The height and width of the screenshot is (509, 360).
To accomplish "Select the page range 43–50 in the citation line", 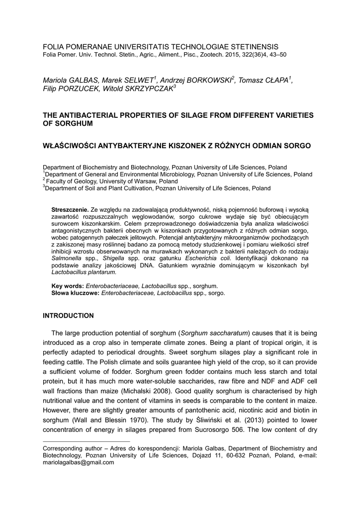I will pyautogui.click(x=276, y=54).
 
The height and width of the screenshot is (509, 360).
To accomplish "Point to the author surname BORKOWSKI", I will pyautogui.click(x=208, y=81).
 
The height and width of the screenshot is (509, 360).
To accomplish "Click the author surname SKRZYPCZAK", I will pyautogui.click(x=147, y=88).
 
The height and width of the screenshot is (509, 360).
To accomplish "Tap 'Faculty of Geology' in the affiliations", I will pyautogui.click(x=69, y=181).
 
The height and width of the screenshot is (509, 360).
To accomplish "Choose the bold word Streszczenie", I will pyautogui.click(x=70, y=210).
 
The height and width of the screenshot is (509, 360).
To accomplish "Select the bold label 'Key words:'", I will pyautogui.click(x=68, y=286).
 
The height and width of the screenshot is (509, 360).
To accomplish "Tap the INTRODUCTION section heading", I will pyautogui.click(x=68, y=316).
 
